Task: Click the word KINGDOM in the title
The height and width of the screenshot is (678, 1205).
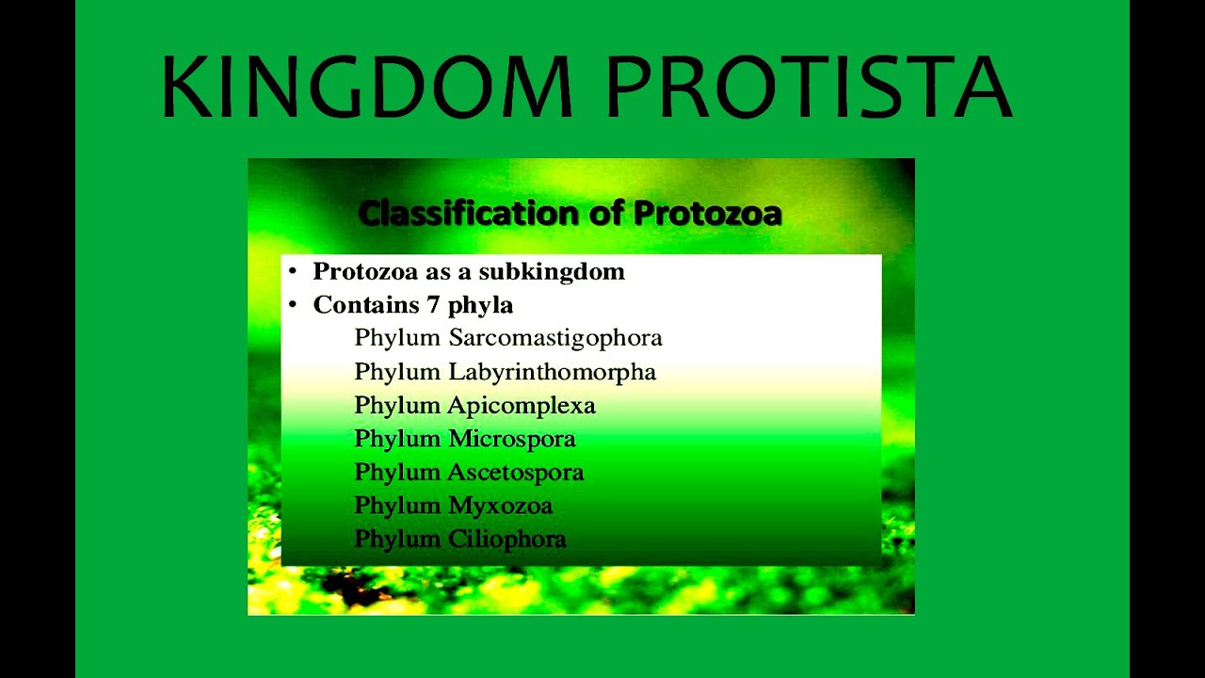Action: [367, 87]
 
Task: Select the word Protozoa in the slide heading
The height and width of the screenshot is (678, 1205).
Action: [707, 214]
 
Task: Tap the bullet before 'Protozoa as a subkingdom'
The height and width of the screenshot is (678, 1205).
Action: [293, 272]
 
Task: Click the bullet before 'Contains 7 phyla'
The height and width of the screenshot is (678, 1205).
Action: [293, 305]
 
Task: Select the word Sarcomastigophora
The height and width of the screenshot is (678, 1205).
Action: [555, 338]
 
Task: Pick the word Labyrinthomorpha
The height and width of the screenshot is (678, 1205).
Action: [552, 372]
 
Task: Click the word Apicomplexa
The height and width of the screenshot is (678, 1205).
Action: [522, 406]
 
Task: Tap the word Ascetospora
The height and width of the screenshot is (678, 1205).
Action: [516, 472]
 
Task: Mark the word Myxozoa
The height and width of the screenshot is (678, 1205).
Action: [500, 506]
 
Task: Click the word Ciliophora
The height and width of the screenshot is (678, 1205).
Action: [507, 540]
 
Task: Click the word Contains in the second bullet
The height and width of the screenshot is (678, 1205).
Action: [365, 305]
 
